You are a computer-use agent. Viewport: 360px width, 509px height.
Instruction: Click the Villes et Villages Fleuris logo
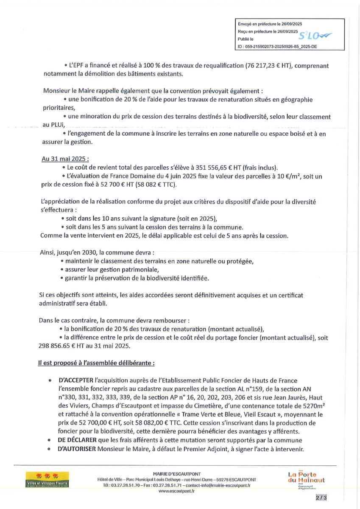pyautogui.click(x=48, y=480)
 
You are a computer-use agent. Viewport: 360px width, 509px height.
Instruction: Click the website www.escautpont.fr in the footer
pyautogui.click(x=177, y=491)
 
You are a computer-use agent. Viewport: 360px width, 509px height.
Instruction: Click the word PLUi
pyautogui.click(x=56, y=125)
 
